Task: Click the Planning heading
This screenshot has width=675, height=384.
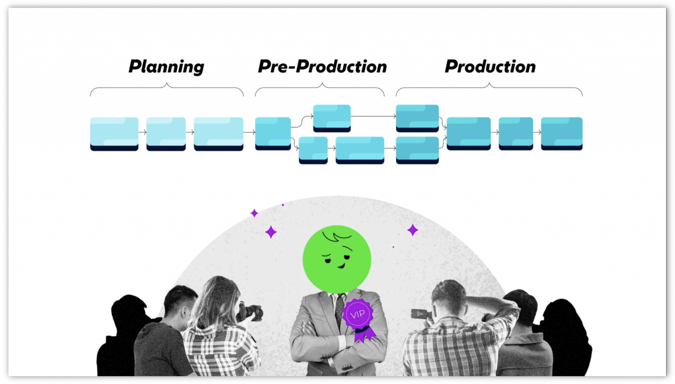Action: pyautogui.click(x=166, y=67)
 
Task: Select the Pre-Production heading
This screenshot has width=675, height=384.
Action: pyautogui.click(x=322, y=67)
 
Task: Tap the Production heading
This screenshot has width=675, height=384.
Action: pyautogui.click(x=490, y=67)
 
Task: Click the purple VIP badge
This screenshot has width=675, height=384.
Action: pyautogui.click(x=358, y=315)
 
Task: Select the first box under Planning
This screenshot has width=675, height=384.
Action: pyautogui.click(x=114, y=133)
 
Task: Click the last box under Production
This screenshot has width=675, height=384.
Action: pyautogui.click(x=562, y=133)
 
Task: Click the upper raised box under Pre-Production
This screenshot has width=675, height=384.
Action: pyautogui.click(x=332, y=118)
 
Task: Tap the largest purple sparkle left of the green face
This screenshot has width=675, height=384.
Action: pyautogui.click(x=271, y=232)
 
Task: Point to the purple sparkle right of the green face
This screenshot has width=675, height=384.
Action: pyautogui.click(x=412, y=230)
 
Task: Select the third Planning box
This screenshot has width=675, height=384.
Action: pyautogui.click(x=219, y=133)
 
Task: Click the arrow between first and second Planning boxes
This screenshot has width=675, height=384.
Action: pyautogui.click(x=142, y=132)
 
